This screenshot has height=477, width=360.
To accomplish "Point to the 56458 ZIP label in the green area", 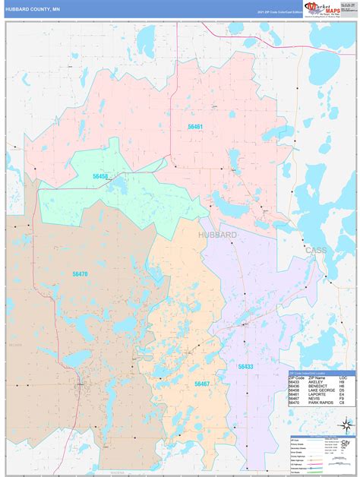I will tap(100, 176).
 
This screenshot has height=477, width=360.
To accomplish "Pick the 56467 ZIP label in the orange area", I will tap(201, 384).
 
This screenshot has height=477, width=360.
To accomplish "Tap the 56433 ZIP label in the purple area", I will tap(245, 366).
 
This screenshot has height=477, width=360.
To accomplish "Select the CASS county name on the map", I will tap(314, 249).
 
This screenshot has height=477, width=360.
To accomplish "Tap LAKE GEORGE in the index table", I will tap(320, 391).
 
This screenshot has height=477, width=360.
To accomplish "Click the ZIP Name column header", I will tap(315, 377).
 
